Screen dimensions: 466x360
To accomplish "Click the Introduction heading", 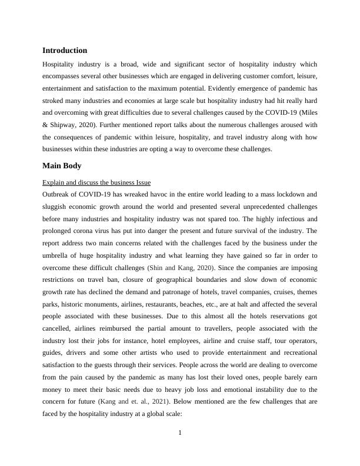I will (x=65, y=51).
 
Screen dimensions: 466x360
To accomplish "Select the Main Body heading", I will (x=63, y=166).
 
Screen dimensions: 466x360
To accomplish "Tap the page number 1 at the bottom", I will (x=180, y=434).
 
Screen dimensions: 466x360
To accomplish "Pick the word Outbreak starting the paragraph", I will (x=58, y=194).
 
